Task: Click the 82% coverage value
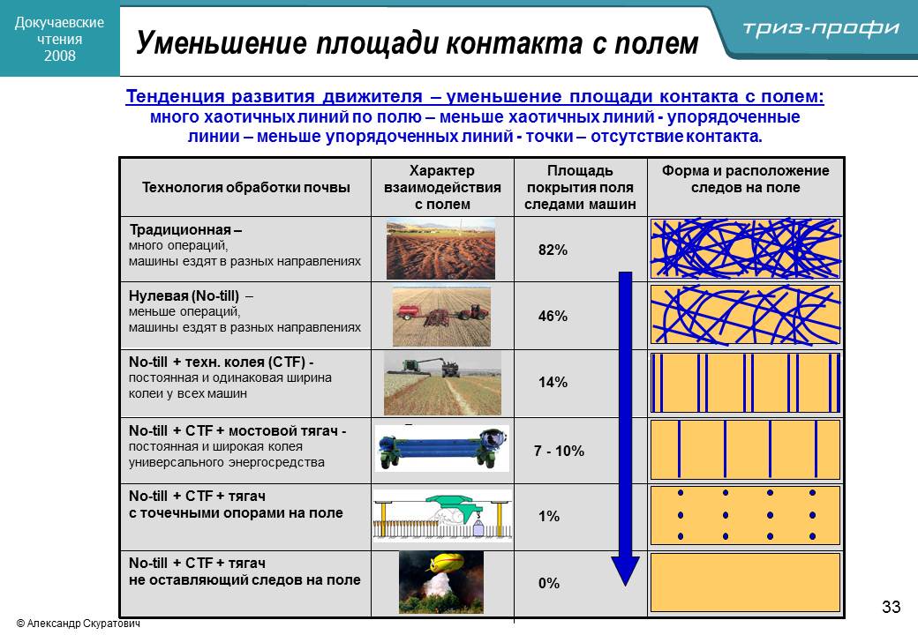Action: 553,250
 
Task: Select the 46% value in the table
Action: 553,317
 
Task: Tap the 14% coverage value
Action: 553,383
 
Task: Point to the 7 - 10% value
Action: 559,451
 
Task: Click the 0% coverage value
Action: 548,583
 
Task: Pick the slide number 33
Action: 891,607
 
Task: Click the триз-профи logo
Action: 821,28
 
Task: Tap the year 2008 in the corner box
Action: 60,56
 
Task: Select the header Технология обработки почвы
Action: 246,188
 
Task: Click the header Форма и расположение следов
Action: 745,179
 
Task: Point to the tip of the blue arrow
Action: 625,586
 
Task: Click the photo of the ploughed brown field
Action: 440,250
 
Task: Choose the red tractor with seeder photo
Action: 441,317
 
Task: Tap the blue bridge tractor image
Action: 442,449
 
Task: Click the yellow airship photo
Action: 441,582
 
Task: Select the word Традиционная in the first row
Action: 180,230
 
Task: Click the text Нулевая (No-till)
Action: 184,295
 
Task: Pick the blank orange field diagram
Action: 745,583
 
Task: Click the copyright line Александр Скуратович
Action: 79,624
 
